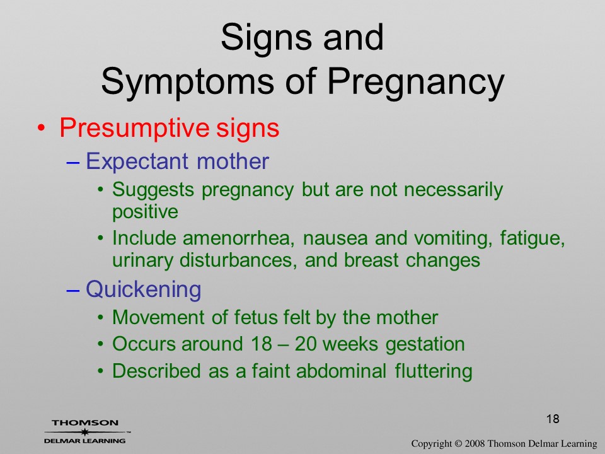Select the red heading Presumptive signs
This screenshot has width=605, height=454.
[x=170, y=129]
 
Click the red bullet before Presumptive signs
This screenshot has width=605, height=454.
[x=42, y=127]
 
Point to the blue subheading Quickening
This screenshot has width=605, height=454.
[x=143, y=289]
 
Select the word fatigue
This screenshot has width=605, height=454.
[x=533, y=239]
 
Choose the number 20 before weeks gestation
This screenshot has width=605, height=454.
[x=307, y=344]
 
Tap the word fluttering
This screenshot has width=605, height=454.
[x=434, y=371]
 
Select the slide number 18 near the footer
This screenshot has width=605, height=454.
[x=553, y=419]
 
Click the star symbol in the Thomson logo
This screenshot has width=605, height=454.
[x=84, y=432]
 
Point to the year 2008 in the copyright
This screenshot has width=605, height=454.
[x=475, y=443]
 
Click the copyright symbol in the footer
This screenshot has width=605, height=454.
[x=458, y=443]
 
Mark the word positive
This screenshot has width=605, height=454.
[x=145, y=212]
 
